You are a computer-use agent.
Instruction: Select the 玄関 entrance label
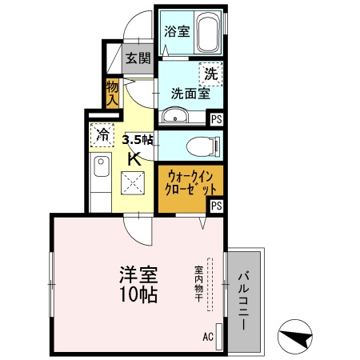tap(138, 58)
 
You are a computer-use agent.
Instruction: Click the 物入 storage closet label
tap(112, 93)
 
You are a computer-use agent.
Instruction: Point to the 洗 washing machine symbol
tap(210, 74)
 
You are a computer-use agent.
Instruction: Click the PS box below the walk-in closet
tap(217, 206)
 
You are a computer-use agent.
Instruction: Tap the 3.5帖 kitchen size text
tap(137, 140)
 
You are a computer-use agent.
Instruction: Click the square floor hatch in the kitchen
tap(132, 186)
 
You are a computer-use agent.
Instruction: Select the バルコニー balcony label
tap(242, 305)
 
